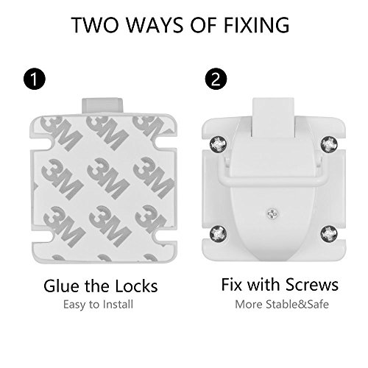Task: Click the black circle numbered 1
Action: (35, 79)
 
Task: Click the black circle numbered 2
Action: (216, 79)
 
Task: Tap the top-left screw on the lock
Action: (218, 144)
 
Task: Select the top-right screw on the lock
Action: (329, 144)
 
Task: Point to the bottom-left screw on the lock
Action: (218, 233)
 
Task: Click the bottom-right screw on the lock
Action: (329, 233)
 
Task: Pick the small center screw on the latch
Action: (272, 213)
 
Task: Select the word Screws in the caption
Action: (312, 285)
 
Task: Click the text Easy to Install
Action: (98, 305)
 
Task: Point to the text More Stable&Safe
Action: (282, 305)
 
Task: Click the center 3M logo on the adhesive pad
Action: (108, 178)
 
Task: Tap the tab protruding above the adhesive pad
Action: (102, 106)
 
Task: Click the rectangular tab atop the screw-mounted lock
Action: (273, 117)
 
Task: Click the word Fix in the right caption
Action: (233, 285)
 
